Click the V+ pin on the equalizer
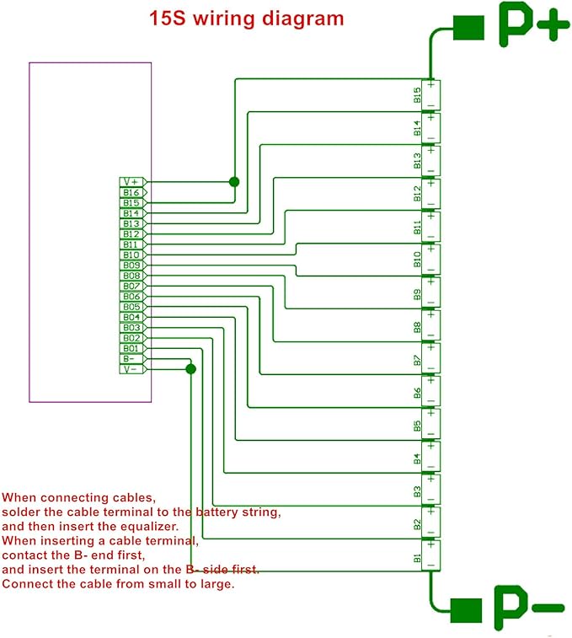[133, 182]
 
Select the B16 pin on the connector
[133, 192]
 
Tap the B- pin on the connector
[133, 359]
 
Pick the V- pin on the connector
[133, 369]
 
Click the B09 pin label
[131, 265]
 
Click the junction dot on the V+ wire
[234, 182]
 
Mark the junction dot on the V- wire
[190, 369]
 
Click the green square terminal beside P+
[468, 28]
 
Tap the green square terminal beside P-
[466, 610]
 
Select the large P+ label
[533, 24]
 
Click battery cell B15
[430, 94]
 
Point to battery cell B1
[430, 555]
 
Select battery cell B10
[430, 260]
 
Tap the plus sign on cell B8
[430, 315]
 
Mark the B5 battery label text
[417, 426]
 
